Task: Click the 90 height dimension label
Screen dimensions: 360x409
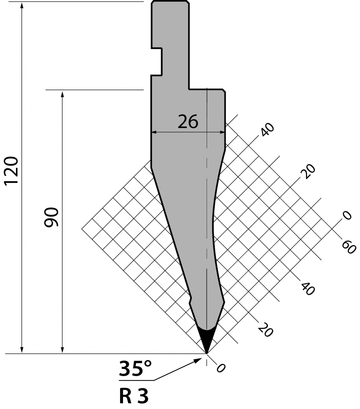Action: pos(51,217)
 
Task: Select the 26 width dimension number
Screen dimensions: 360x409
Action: pos(188,122)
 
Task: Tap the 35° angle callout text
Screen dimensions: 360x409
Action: pos(135,369)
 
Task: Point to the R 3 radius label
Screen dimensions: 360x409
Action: pos(134,396)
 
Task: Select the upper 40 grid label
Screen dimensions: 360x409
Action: pos(268,130)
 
